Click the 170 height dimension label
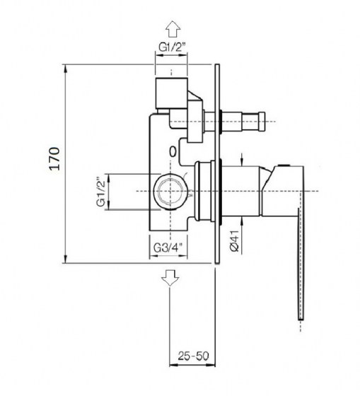[x=55, y=158]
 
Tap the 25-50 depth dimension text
[x=194, y=356]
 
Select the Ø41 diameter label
[x=235, y=241]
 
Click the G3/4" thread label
[x=168, y=248]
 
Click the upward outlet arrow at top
[x=173, y=29]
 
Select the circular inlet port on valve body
[x=171, y=192]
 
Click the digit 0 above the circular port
[x=173, y=152]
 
